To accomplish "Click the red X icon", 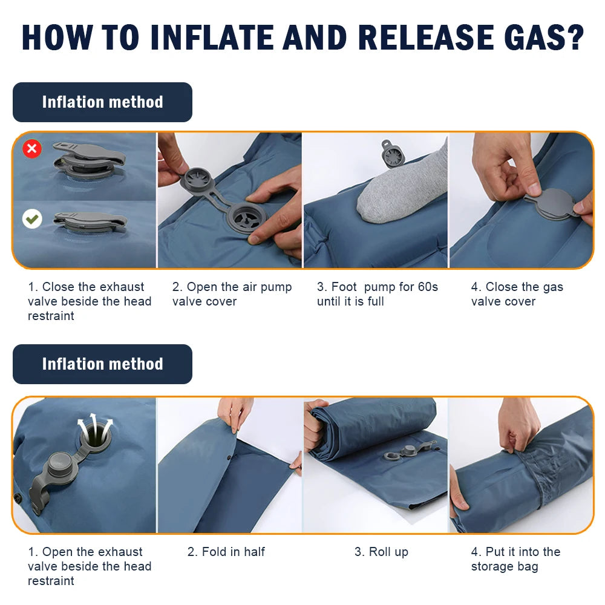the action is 32,148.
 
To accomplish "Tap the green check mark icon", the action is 32,219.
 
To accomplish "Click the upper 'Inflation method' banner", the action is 102,102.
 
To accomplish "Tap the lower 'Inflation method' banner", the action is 102,364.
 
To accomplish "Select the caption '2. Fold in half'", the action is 226,552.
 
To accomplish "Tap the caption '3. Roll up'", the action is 381,552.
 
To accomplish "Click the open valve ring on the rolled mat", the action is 392,456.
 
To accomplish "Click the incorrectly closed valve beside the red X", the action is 89,161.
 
